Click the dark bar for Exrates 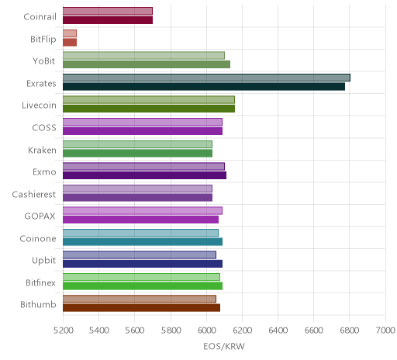pyautogui.click(x=204, y=87)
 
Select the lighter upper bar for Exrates pyautogui.click(x=206, y=78)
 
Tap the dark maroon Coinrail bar pyautogui.click(x=108, y=20)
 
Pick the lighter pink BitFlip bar pyautogui.click(x=70, y=33)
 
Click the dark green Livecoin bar pyautogui.click(x=149, y=109)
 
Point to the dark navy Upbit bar pyautogui.click(x=143, y=264)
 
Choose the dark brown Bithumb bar pyautogui.click(x=141, y=308)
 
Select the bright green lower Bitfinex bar pyautogui.click(x=143, y=286)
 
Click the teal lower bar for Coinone pyautogui.click(x=143, y=242)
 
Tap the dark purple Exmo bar pyautogui.click(x=144, y=175)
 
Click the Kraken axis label pyautogui.click(x=42, y=151)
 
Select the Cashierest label pyautogui.click(x=34, y=195)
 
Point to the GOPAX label pyautogui.click(x=40, y=216)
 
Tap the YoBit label pyautogui.click(x=43, y=61)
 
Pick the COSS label pyautogui.click(x=44, y=128)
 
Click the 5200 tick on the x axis pyautogui.click(x=63, y=331)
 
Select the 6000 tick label pyautogui.click(x=206, y=331)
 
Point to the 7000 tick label pyautogui.click(x=385, y=331)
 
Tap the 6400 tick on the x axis pyautogui.click(x=278, y=331)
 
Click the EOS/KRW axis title pyautogui.click(x=224, y=347)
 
